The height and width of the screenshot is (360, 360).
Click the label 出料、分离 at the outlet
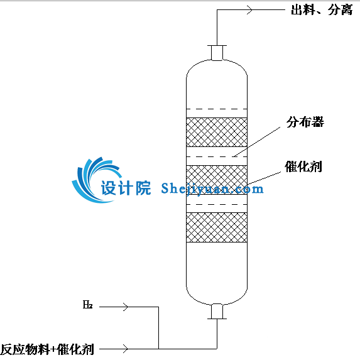322,10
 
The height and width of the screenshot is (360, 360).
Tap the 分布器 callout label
305,122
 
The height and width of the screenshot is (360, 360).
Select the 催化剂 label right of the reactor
303,166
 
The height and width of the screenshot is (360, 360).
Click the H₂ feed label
87,305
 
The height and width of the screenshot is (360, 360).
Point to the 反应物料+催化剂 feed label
48,349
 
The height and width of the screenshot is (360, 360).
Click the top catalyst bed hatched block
217,132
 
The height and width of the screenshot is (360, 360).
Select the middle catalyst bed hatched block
217,180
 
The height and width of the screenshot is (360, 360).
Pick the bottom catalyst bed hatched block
217,227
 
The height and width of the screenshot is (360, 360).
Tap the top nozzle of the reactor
217,53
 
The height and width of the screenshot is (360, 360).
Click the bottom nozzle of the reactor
217,312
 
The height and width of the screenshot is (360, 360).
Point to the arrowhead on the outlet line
250,10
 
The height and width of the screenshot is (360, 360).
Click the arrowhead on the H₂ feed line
126,307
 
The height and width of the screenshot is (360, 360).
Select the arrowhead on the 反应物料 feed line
126,349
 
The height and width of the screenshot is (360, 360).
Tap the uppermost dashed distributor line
217,109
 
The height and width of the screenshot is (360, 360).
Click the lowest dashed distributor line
217,204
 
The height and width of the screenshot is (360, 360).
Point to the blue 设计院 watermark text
126,188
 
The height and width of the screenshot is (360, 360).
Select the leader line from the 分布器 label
257,141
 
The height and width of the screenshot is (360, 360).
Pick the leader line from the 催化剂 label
264,178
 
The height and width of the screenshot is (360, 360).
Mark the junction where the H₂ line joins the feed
159,349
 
